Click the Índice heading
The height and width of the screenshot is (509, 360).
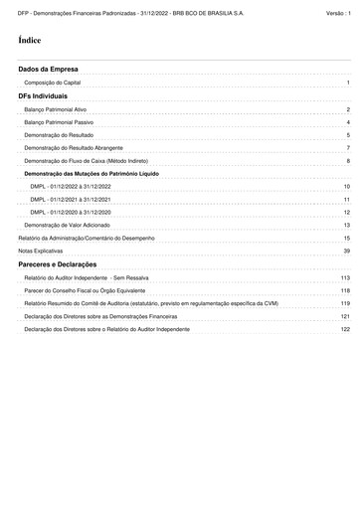pos(30,40)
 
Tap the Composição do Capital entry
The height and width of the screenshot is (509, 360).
pos(54,83)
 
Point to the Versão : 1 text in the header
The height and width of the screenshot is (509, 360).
pos(338,8)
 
